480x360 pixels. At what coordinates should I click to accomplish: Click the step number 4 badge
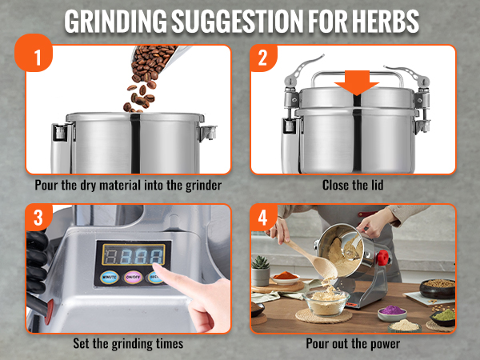point(262,217)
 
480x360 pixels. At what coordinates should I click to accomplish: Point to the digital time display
point(133,255)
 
